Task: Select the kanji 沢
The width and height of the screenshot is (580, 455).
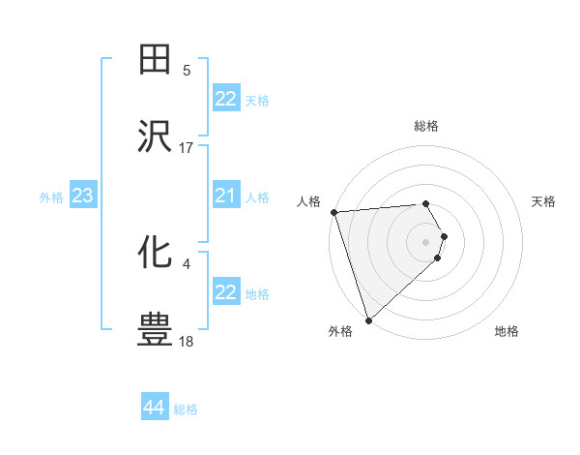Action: [156, 137]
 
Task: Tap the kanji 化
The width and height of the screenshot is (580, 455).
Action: [156, 253]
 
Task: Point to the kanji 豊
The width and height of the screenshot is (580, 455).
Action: [156, 329]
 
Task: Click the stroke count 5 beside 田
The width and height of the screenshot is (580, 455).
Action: [187, 71]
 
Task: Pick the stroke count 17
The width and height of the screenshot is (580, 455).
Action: [187, 148]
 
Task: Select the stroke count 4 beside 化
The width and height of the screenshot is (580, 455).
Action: [187, 263]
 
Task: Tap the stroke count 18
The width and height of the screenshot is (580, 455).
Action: [187, 341]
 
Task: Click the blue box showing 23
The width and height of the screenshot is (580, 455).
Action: [82, 197]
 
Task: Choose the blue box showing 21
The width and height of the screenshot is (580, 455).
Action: [225, 197]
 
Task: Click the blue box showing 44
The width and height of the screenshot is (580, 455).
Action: [154, 408]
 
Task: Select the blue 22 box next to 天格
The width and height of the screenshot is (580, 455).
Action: [225, 99]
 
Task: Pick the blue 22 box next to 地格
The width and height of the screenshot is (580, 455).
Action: [225, 292]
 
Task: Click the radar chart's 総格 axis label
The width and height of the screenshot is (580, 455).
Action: [426, 126]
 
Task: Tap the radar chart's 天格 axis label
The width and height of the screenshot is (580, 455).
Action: [543, 201]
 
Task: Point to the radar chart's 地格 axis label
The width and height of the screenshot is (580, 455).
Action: [507, 331]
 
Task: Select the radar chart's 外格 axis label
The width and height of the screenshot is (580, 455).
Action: [340, 331]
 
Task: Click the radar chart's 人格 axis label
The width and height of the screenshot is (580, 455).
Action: [308, 201]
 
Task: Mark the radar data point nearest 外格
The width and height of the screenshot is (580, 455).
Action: [368, 318]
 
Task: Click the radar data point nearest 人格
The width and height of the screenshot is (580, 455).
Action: [333, 212]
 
